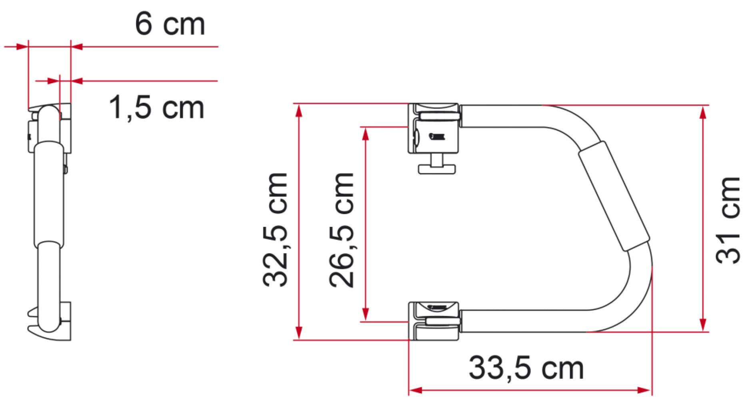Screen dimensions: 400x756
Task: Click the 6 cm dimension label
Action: pyautogui.click(x=170, y=25)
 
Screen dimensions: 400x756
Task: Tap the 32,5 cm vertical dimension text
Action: pyautogui.click(x=275, y=230)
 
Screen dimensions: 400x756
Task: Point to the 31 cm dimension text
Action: pyautogui.click(x=728, y=220)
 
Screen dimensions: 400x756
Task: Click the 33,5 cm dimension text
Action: pyautogui.click(x=526, y=368)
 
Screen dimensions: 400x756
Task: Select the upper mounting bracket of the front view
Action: pyautogui.click(x=434, y=128)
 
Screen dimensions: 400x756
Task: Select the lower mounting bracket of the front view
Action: pyautogui.click(x=434, y=321)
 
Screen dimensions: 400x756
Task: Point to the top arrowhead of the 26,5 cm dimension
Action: pyautogui.click(x=364, y=133)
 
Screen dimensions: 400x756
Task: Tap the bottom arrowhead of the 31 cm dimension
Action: pyautogui.click(x=703, y=325)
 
